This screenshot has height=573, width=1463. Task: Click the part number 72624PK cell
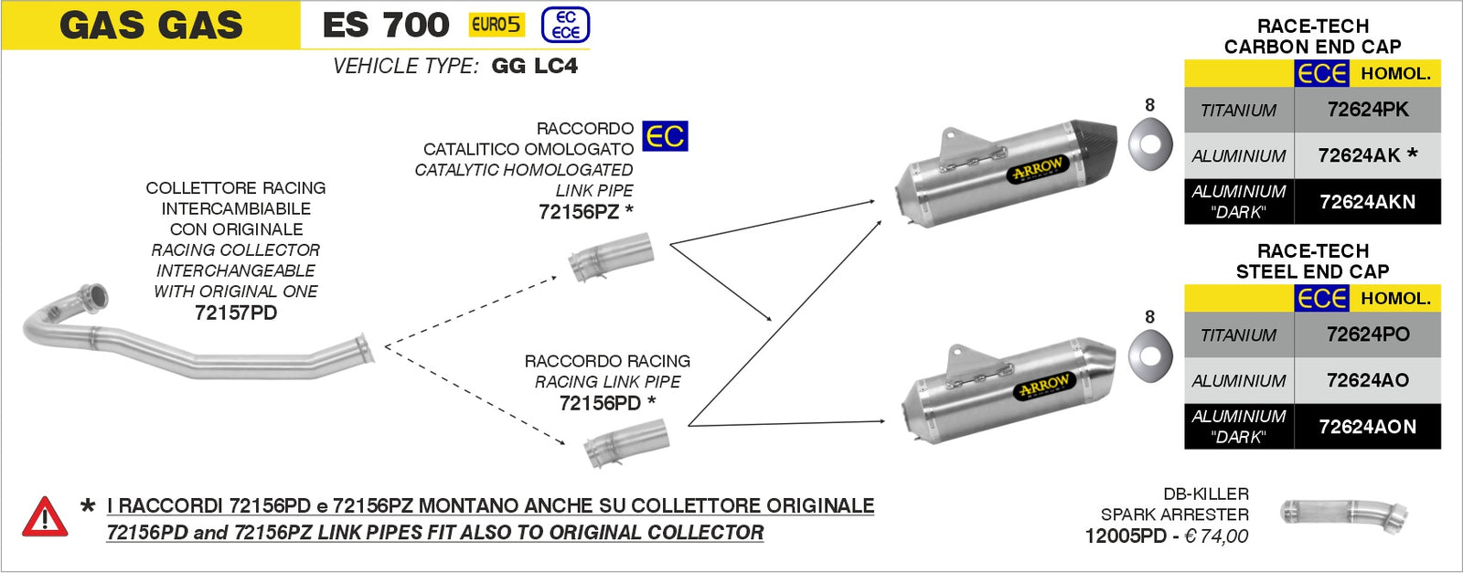[1367, 110]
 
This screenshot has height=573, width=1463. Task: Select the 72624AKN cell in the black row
[1367, 202]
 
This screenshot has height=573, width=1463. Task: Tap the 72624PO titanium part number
[1367, 334]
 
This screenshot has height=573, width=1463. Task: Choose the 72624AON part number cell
[1367, 427]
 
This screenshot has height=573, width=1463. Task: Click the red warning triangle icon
[44, 517]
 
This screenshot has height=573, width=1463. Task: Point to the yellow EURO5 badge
[497, 25]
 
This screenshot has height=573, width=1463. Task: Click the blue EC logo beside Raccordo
[665, 136]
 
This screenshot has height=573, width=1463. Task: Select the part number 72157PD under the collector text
[236, 313]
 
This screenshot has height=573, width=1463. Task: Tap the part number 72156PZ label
[580, 211]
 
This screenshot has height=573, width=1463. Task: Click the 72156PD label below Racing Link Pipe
[600, 403]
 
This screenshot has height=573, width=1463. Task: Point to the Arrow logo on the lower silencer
[1044, 387]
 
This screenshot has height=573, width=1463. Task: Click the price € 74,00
[1216, 536]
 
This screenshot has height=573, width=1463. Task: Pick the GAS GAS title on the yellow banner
[151, 26]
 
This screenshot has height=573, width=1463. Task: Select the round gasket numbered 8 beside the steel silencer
[1150, 356]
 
